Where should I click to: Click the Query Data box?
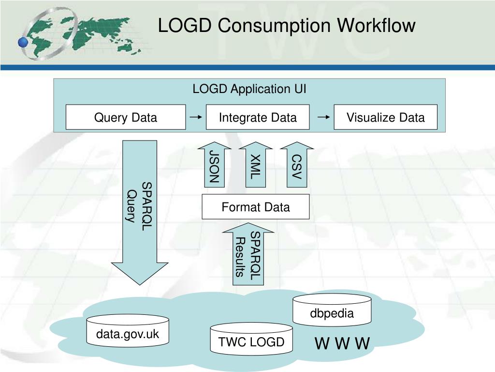tap(126, 117)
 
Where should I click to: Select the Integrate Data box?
tap(258, 117)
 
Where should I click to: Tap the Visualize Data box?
tap(385, 117)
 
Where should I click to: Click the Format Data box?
tap(255, 207)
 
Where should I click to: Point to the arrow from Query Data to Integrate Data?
tap(196, 117)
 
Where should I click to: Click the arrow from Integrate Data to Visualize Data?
tap(324, 117)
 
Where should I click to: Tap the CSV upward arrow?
tap(296, 165)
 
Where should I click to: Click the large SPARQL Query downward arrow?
tap(140, 213)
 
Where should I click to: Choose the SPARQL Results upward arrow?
tap(248, 254)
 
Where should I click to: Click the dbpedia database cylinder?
tap(332, 311)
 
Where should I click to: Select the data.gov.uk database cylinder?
tap(127, 333)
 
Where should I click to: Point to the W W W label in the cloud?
tap(342, 344)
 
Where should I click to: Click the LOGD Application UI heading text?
tap(249, 89)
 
